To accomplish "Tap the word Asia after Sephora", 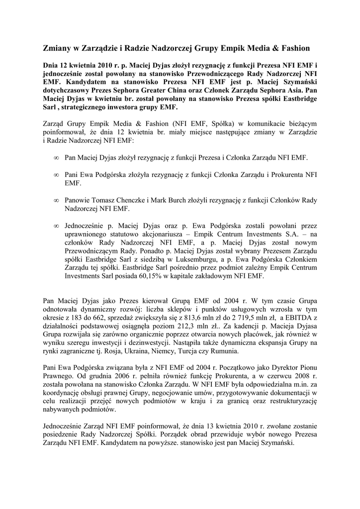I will point(289,91).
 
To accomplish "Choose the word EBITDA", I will point(300,317).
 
